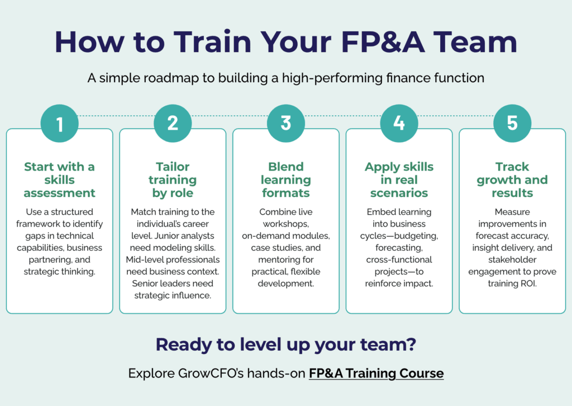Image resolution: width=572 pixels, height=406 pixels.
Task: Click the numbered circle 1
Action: tap(59, 124)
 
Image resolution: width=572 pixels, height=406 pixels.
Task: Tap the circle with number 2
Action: tap(173, 124)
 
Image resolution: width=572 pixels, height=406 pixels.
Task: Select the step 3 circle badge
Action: tap(286, 124)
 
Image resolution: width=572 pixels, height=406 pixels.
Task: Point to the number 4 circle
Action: tap(399, 124)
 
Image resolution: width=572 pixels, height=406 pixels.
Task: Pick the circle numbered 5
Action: tap(512, 124)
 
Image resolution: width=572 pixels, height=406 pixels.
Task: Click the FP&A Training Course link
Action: tap(376, 374)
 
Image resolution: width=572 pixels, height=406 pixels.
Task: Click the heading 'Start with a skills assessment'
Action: tap(59, 180)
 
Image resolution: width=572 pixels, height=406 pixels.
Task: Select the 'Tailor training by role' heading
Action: tap(173, 180)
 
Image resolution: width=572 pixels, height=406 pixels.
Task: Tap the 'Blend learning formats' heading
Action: tap(286, 180)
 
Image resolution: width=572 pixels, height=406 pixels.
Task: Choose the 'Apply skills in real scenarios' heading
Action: tap(399, 180)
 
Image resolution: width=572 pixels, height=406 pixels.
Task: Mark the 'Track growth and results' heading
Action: tap(512, 180)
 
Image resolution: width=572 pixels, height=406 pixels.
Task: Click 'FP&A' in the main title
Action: tap(383, 42)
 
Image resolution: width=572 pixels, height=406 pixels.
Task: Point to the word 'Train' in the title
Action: tap(212, 42)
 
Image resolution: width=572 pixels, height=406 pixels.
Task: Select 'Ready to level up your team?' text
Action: tap(286, 344)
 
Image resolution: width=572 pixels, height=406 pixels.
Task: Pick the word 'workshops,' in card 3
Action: tap(286, 224)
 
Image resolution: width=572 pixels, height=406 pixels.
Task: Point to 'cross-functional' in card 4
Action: tap(399, 259)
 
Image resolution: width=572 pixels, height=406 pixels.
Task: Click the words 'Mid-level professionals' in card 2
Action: tap(173, 259)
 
